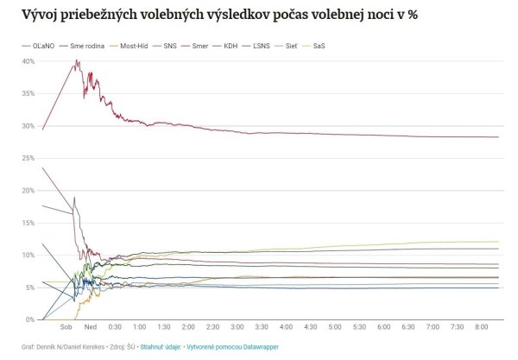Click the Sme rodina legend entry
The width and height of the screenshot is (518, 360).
pos(91,44)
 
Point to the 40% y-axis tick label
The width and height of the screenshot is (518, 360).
pos(28,61)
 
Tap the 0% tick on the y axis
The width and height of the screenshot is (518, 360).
pos(29,319)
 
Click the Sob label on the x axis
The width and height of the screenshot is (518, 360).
pos(66,328)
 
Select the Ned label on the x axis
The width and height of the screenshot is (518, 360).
pos(91,328)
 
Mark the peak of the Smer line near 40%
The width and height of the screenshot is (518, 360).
pos(77,60)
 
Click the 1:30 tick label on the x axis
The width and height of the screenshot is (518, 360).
pos(163,328)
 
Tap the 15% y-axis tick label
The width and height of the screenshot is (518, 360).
pos(28,223)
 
